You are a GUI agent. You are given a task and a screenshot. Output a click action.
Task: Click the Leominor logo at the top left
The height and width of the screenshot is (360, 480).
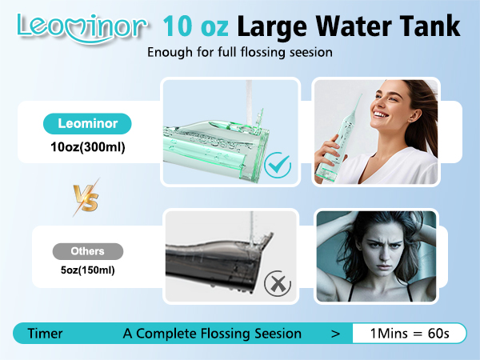(x=81, y=26)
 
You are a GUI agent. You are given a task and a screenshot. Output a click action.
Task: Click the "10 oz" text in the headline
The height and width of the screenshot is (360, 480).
(x=197, y=26)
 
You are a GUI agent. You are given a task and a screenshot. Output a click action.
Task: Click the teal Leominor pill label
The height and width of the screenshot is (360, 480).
(x=88, y=124)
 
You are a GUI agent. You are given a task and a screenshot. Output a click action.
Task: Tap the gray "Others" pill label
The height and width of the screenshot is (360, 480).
(x=88, y=251)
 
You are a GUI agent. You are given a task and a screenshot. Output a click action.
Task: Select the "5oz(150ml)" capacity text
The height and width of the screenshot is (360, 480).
(x=87, y=270)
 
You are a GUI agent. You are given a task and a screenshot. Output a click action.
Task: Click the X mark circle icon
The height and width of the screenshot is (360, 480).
(x=276, y=282)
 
